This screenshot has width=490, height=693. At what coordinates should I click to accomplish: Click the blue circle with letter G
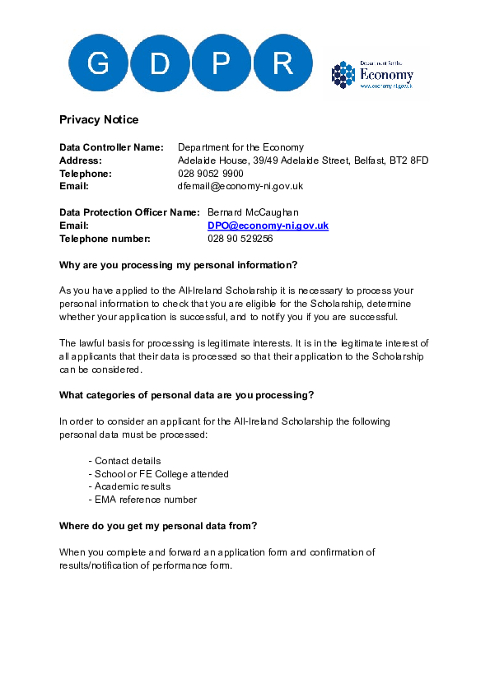coord(98,63)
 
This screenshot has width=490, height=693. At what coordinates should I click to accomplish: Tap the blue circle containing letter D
coord(160,63)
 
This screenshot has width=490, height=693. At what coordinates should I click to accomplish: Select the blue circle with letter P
coord(221,63)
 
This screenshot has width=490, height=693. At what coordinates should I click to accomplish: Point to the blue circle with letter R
coord(282,63)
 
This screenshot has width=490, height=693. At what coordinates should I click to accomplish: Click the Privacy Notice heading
coord(99,120)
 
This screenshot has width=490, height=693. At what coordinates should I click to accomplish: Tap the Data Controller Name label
coord(112,147)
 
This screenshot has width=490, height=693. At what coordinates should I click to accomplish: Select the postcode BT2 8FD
coord(408,160)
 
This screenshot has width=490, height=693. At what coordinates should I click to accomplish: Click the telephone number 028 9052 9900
coord(211,174)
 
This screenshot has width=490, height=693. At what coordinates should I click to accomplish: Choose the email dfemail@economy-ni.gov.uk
coord(240,187)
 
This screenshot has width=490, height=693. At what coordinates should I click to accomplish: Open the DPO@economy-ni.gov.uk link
coord(268,226)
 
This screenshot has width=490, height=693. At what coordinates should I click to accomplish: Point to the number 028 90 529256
coord(240,239)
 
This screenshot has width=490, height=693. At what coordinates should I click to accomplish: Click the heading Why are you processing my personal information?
coord(178,265)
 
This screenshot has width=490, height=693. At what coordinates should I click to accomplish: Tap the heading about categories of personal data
coord(186,395)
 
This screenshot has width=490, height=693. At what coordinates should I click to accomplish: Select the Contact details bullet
coord(127,461)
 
